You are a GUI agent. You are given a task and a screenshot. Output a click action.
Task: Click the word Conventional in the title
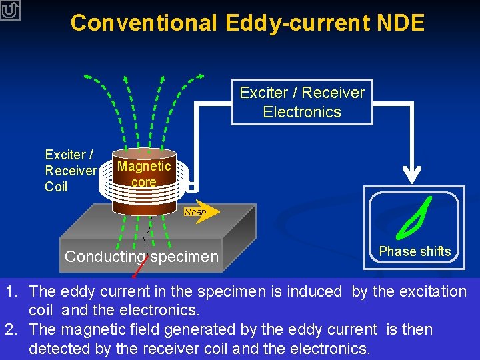click(x=143, y=23)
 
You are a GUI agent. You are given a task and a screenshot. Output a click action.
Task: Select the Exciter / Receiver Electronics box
click(x=302, y=102)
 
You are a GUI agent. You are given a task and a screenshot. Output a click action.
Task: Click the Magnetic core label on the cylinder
click(x=144, y=173)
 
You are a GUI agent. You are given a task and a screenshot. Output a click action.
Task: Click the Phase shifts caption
click(x=415, y=251)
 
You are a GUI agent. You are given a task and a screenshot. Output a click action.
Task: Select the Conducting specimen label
click(x=141, y=257)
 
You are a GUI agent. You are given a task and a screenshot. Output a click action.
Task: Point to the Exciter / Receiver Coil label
click(x=70, y=171)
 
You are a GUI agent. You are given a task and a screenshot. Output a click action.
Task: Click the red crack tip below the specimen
click(x=135, y=274)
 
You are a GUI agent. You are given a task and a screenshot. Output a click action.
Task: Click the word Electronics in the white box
click(x=302, y=112)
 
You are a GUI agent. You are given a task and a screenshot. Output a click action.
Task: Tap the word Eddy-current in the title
click(x=297, y=23)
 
